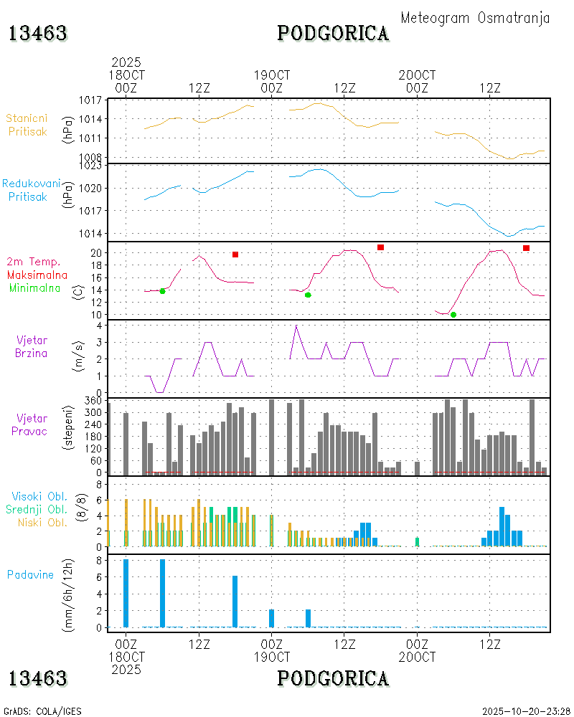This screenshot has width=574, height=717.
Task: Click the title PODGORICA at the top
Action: coord(333,33)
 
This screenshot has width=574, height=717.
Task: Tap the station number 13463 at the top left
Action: coord(38,33)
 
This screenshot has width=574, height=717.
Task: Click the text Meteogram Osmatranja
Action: coord(475,19)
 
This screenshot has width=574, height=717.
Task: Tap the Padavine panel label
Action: coord(30,574)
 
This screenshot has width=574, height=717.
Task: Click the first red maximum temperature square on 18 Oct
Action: coord(235,255)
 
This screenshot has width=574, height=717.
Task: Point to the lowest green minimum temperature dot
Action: coord(453,315)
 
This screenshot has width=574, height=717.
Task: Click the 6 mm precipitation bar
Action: coord(235,602)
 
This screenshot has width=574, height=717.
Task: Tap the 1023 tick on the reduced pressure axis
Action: coord(93,166)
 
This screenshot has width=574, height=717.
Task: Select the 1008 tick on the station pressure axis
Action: coord(93,157)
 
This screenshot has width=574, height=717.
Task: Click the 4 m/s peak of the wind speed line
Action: coord(296,326)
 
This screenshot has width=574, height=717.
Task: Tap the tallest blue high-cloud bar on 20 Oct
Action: coord(502,527)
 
